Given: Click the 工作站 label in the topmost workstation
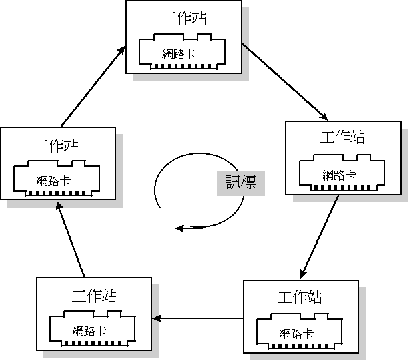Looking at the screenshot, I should pyautogui.click(x=183, y=17).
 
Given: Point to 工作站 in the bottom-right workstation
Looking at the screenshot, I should pyautogui.click(x=300, y=297).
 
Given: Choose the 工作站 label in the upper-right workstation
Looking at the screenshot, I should pyautogui.click(x=342, y=137).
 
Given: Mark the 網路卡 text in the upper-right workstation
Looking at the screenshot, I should pyautogui.click(x=339, y=175).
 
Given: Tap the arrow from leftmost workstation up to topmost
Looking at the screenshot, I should pyautogui.click(x=93, y=86).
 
